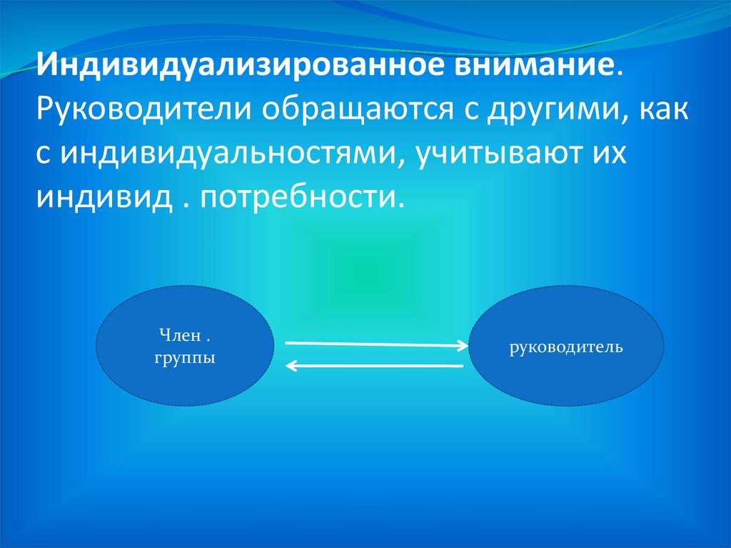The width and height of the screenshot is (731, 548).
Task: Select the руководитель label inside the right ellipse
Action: tap(565, 348)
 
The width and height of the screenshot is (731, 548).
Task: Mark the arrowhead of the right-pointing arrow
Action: tap(463, 346)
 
